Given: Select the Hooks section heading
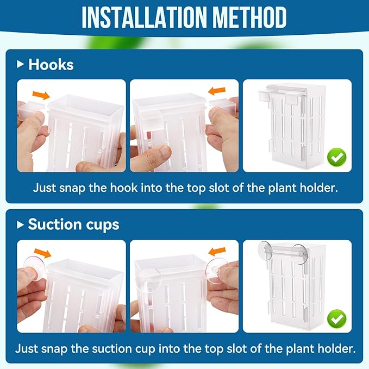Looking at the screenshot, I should (51, 65).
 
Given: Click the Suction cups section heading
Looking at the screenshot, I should (73, 224).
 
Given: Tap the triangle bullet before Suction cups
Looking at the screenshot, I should (21, 224).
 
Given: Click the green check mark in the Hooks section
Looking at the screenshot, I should (337, 158).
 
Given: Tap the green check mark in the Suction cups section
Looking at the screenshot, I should (337, 317).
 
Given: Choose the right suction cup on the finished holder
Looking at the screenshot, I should (298, 253).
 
